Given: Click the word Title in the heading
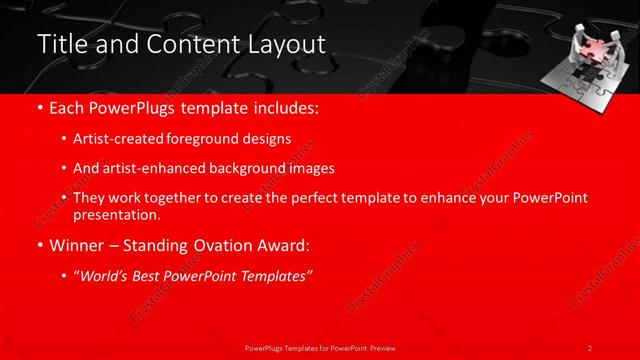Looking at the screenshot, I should (58, 45).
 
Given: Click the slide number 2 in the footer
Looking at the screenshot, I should (589, 348).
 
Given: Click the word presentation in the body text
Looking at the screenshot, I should (116, 214).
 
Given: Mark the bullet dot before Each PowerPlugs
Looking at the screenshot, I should (39, 107).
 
